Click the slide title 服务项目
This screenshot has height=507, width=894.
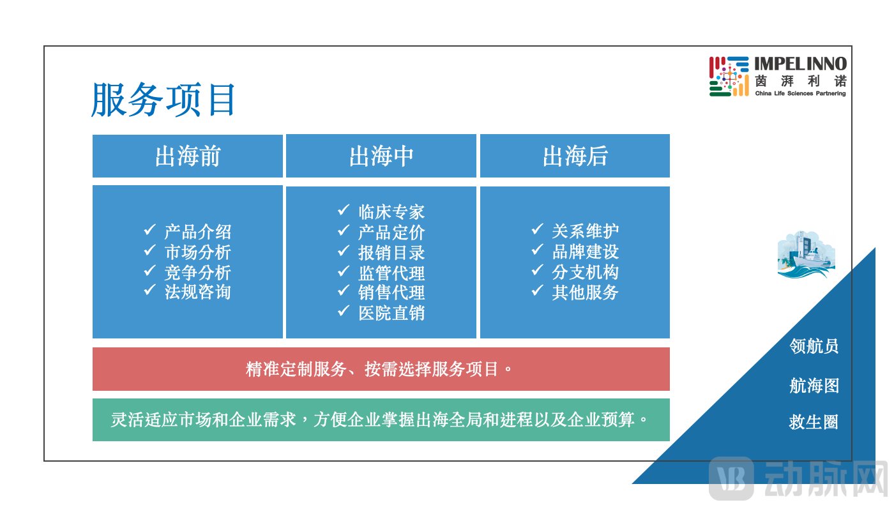(164, 100)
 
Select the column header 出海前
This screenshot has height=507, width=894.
(187, 156)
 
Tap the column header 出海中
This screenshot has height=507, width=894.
(381, 156)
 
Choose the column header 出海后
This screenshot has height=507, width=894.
(575, 156)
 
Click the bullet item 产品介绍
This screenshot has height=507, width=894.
(197, 232)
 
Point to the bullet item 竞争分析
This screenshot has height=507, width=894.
(197, 273)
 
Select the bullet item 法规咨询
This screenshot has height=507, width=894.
(197, 292)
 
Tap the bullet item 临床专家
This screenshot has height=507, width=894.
(391, 212)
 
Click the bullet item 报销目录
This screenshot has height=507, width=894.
(391, 253)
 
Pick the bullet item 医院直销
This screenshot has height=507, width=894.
(391, 313)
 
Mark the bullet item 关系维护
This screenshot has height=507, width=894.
(585, 231)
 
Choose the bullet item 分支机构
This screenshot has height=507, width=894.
(585, 272)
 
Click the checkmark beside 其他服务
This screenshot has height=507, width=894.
(537, 291)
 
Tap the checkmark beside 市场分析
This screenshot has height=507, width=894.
(150, 250)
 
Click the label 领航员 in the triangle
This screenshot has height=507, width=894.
(814, 346)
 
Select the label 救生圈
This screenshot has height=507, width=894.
(814, 422)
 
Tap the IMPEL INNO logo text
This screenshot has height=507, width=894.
(800, 63)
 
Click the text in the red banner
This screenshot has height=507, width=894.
(380, 369)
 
